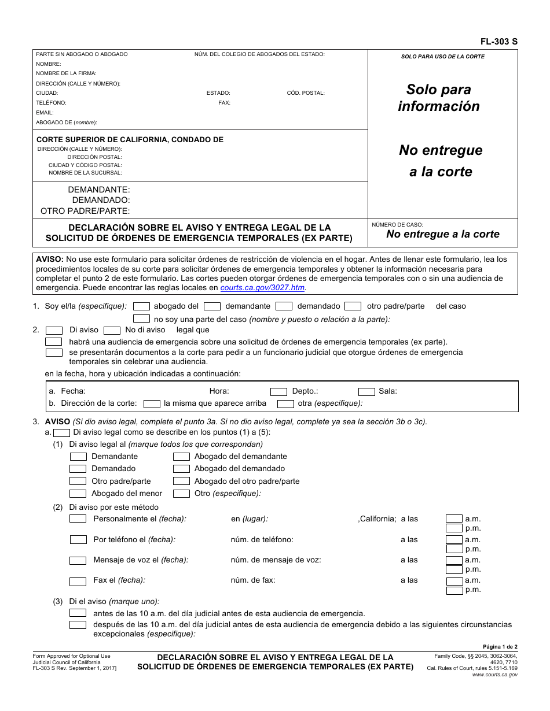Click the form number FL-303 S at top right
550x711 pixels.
[498, 42]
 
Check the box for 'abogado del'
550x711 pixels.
[142, 306]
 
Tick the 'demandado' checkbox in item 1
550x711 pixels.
[284, 306]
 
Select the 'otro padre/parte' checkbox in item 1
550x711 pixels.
[353, 306]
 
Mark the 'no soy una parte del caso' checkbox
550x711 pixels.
[142, 319]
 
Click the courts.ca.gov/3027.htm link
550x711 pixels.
[263, 287]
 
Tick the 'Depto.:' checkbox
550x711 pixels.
[278, 392]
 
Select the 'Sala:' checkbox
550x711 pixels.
[366, 392]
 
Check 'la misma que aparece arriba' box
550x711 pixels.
[152, 404]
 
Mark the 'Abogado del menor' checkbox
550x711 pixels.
[78, 494]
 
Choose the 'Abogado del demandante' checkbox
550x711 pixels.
[181, 457]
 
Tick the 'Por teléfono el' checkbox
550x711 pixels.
[78, 540]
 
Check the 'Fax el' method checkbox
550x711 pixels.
[78, 582]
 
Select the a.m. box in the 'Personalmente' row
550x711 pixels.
[454, 519]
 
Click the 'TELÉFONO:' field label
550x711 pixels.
[51, 103]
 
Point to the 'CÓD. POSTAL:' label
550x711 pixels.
[306, 93]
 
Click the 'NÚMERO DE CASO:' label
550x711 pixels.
[397, 224]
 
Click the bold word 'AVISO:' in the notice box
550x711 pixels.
[50, 259]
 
